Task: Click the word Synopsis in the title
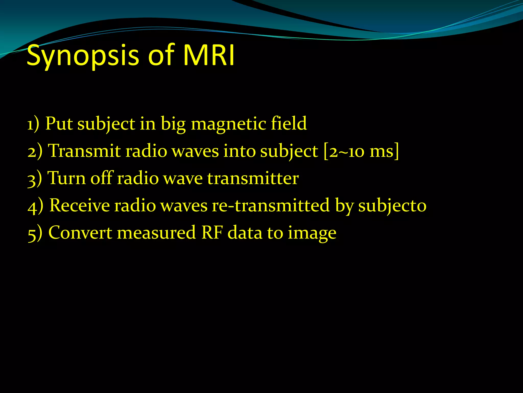tap(83, 56)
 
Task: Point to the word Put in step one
tap(59, 124)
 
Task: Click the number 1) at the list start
tap(33, 124)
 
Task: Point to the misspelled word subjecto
tap(392, 206)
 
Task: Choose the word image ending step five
tap(312, 233)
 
